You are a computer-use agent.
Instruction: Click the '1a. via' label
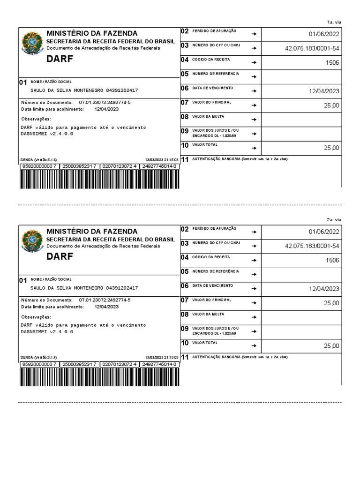(334, 22)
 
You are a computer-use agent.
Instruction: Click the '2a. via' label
(334, 220)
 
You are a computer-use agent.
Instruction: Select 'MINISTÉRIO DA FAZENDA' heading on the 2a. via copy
(92, 231)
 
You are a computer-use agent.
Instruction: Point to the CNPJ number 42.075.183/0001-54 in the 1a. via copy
(312, 48)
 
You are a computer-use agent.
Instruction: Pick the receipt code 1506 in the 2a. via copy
(332, 260)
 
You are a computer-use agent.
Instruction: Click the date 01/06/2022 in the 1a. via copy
(324, 34)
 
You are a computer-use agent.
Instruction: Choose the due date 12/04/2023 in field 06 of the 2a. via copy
(324, 289)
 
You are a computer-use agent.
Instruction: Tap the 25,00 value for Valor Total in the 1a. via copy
(331, 148)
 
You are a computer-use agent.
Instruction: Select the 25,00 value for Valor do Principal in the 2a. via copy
(331, 303)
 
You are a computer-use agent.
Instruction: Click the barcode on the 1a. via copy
(98, 179)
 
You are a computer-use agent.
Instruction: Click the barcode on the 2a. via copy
(98, 377)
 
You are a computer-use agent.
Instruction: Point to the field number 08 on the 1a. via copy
(185, 117)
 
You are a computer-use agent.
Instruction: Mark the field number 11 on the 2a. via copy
(185, 357)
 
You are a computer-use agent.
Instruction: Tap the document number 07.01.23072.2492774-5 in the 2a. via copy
(105, 300)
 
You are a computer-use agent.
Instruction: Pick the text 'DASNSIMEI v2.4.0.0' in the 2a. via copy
(47, 331)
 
